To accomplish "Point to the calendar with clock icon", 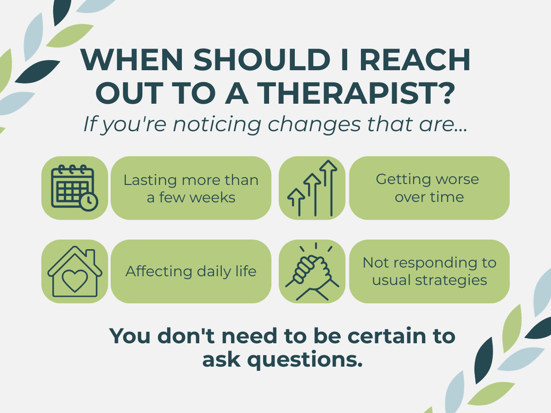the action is coord(74,188).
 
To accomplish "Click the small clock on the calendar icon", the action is coord(89,202).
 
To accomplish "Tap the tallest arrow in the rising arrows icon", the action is coord(328,188).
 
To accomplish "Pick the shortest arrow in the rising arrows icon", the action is coord(296,202).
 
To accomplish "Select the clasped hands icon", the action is coord(312,272).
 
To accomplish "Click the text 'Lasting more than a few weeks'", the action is coord(191,189).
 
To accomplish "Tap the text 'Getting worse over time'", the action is coord(427,188).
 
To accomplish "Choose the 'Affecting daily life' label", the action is coord(191,272).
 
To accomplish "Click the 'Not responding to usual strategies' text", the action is coord(429,271).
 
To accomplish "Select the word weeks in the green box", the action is coord(213,198).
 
